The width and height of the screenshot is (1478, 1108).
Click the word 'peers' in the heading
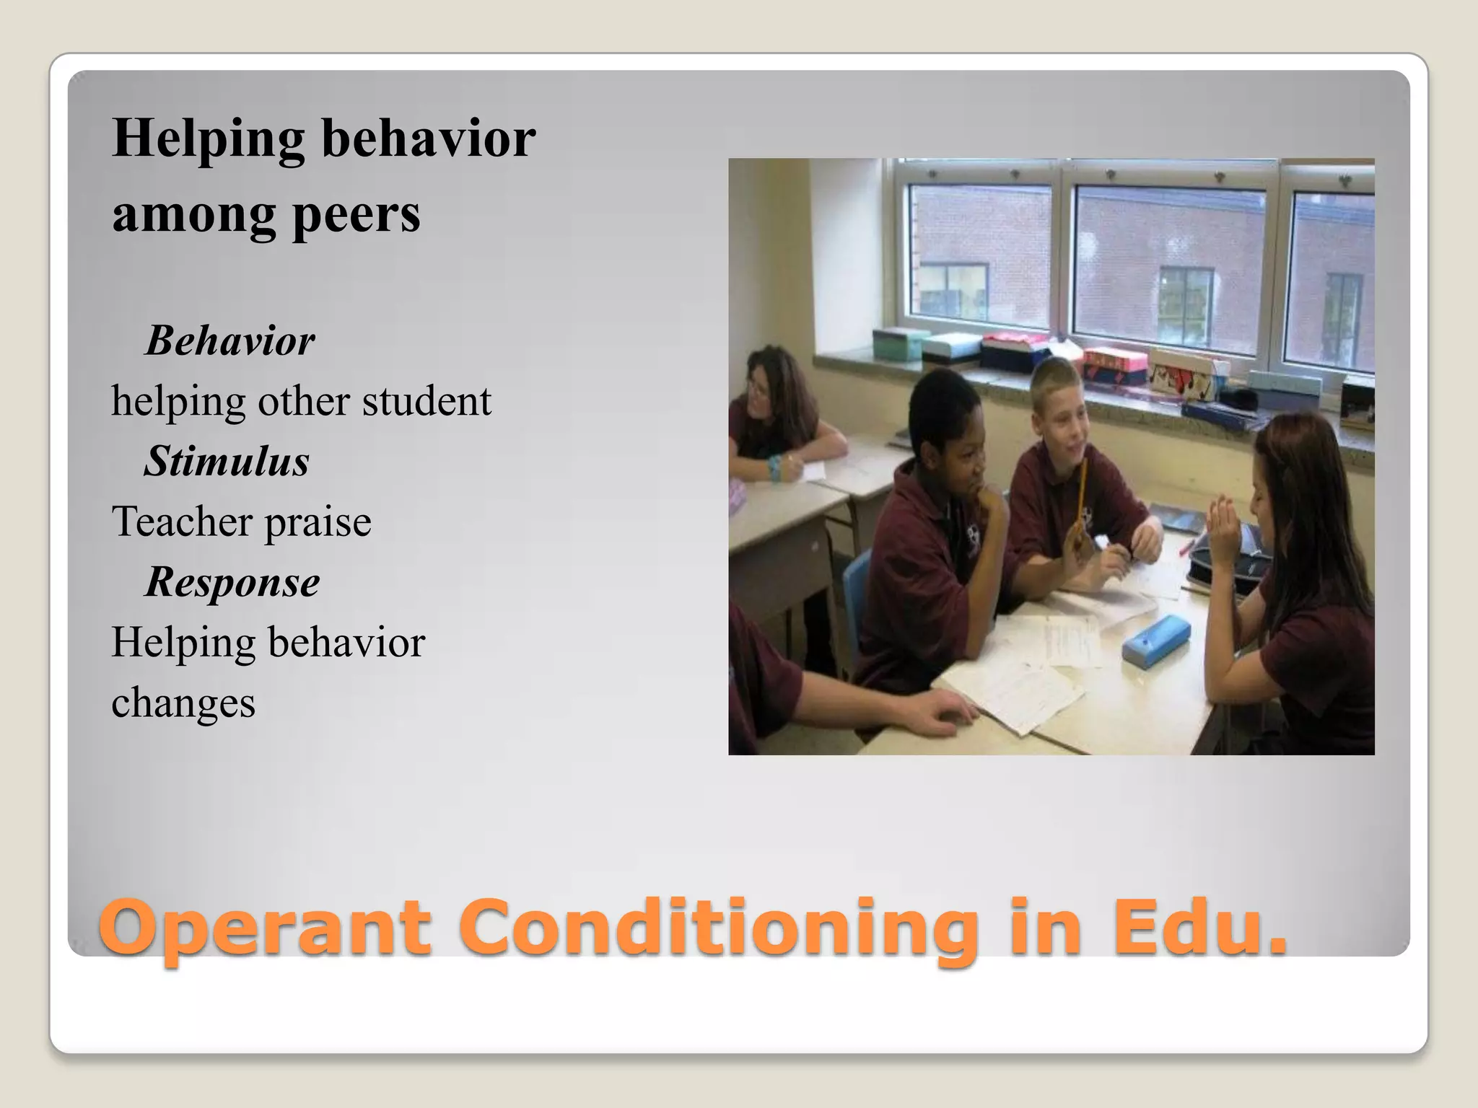pos(357,215)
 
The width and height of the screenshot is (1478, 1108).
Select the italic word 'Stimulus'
pos(227,461)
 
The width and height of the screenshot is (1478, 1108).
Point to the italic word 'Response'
pos(232,581)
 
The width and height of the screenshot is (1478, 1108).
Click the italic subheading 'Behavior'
pos(230,340)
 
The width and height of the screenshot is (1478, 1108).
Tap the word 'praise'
pos(318,522)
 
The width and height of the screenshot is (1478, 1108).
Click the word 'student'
pos(426,401)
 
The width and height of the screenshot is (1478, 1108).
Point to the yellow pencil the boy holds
pos(1081,498)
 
